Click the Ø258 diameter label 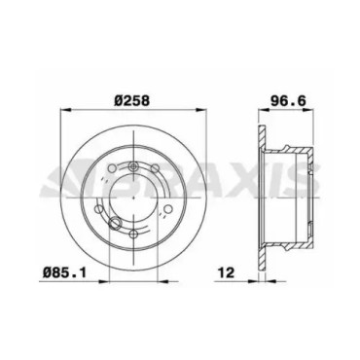[131, 100]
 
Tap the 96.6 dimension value [288, 100]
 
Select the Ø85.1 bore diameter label [65, 272]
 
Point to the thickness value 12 [226, 272]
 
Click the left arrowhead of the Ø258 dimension [66, 110]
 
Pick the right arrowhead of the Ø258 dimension [201, 110]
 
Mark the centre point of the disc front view [133, 198]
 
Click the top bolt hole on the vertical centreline [133, 167]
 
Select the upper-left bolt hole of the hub [112, 168]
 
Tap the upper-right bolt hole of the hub [156, 168]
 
